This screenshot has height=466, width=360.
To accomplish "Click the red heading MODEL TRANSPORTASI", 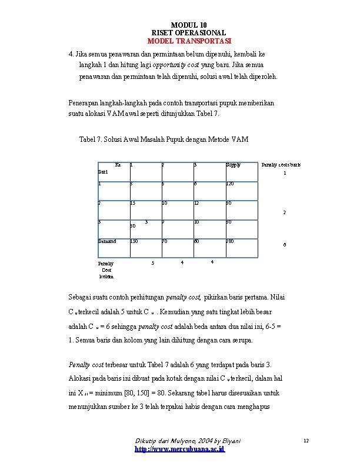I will pyautogui.click(x=189, y=41).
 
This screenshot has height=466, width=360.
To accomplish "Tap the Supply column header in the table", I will pyautogui.click(x=234, y=165).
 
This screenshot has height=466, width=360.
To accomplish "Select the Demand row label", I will pyautogui.click(x=107, y=241).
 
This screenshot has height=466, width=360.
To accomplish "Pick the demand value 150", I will pyautogui.click(x=134, y=241).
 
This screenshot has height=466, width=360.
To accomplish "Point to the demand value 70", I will pyautogui.click(x=165, y=241).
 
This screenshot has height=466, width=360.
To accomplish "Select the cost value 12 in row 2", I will pyautogui.click(x=197, y=203).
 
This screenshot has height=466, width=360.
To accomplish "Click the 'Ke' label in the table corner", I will pyautogui.click(x=118, y=164).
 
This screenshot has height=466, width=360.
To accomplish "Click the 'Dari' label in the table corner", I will pyautogui.click(x=103, y=172).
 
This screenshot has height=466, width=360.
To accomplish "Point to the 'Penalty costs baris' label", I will pyautogui.click(x=281, y=165).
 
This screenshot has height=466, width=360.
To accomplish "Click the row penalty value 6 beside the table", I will pyautogui.click(x=285, y=244).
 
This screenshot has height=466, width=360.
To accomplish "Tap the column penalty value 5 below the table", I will pyautogui.click(x=152, y=262).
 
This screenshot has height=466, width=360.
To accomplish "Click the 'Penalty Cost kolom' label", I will pyautogui.click(x=106, y=270).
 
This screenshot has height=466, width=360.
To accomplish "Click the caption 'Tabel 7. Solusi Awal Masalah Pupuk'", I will pyautogui.click(x=164, y=139).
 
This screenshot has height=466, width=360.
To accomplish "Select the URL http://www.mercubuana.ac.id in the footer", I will pyautogui.click(x=180, y=449).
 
